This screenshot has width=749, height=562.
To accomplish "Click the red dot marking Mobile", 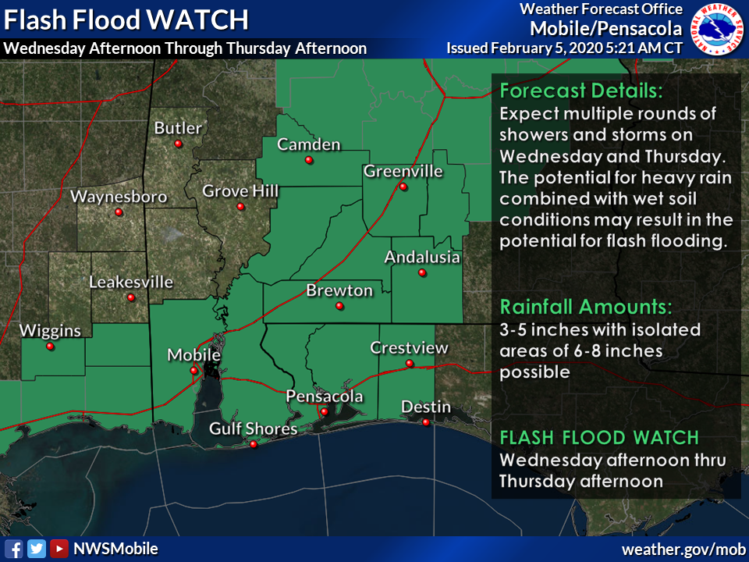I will (x=193, y=371).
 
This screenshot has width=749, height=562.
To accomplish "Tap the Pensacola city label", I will (x=325, y=397).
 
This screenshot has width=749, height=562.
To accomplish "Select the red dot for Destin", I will (x=426, y=422).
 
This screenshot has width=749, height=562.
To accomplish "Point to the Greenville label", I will (x=403, y=171).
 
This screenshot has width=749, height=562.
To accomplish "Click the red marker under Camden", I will (x=309, y=160).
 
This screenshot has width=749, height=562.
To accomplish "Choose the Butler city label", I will (x=178, y=128).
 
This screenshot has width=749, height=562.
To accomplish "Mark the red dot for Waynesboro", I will (x=119, y=212).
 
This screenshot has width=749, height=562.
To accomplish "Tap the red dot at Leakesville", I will (x=131, y=297).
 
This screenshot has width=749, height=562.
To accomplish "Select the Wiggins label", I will (x=50, y=331).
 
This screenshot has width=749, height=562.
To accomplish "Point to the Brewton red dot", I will (x=339, y=306).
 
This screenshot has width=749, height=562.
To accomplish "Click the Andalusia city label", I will (x=422, y=257).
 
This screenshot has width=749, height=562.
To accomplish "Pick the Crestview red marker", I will (x=409, y=363).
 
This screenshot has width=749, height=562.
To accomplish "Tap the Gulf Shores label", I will (x=253, y=429).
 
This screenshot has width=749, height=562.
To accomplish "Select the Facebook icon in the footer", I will (x=13, y=549).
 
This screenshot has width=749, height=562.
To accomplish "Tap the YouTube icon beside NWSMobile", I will (x=59, y=549).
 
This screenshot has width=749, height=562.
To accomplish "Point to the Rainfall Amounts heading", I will (x=585, y=305).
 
